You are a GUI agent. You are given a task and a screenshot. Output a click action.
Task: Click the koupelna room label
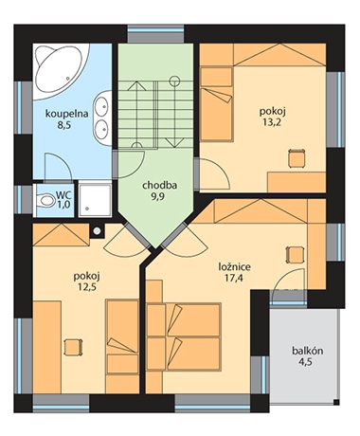point(66,114)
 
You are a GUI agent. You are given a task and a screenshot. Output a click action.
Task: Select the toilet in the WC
point(45,201)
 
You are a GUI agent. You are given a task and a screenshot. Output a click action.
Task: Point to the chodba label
point(159,186)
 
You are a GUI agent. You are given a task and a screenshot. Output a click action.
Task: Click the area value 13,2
point(272,122)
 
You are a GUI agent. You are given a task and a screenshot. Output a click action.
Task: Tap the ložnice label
point(235,267)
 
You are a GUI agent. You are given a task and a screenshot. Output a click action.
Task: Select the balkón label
point(307,351)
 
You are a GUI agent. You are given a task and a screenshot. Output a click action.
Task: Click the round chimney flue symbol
point(98,231)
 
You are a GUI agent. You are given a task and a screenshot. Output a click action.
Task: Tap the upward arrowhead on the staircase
point(135,85)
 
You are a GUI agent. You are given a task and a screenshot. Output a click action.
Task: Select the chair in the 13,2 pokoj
point(297,158)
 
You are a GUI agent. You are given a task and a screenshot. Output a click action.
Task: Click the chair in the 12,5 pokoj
point(73,347)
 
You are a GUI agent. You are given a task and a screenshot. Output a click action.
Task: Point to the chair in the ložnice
point(296,254)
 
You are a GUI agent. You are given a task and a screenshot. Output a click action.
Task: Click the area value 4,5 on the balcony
point(305,362)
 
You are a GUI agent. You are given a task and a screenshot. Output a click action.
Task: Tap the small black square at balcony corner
point(336,402)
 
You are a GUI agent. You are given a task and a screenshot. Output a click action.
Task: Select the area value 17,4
point(235,279)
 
